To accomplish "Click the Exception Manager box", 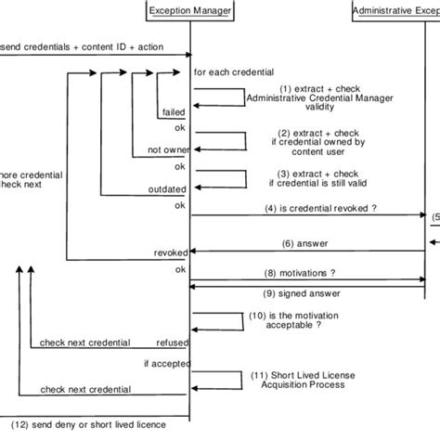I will click(190, 11).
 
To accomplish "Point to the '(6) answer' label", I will click(303, 243).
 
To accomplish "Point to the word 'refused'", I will click(171, 342).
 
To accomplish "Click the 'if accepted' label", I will click(166, 362).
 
